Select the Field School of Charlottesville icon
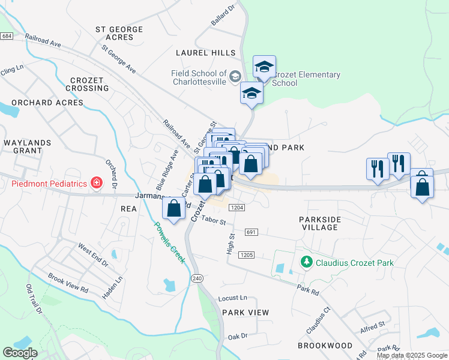pyautogui.click(x=235, y=76)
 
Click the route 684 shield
pyautogui.click(x=7, y=37)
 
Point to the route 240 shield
pyautogui.click(x=197, y=278)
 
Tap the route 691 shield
pyautogui.click(x=252, y=232)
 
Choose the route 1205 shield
pyautogui.click(x=246, y=255)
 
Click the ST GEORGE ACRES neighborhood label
pyautogui.click(x=119, y=33)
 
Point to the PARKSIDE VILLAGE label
pyautogui.click(x=327, y=223)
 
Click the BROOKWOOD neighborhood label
pyautogui.click(x=325, y=346)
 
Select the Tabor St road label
pyautogui.click(x=213, y=221)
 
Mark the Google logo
pyautogui.click(x=20, y=353)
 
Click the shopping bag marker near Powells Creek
pyautogui.click(x=174, y=209)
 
